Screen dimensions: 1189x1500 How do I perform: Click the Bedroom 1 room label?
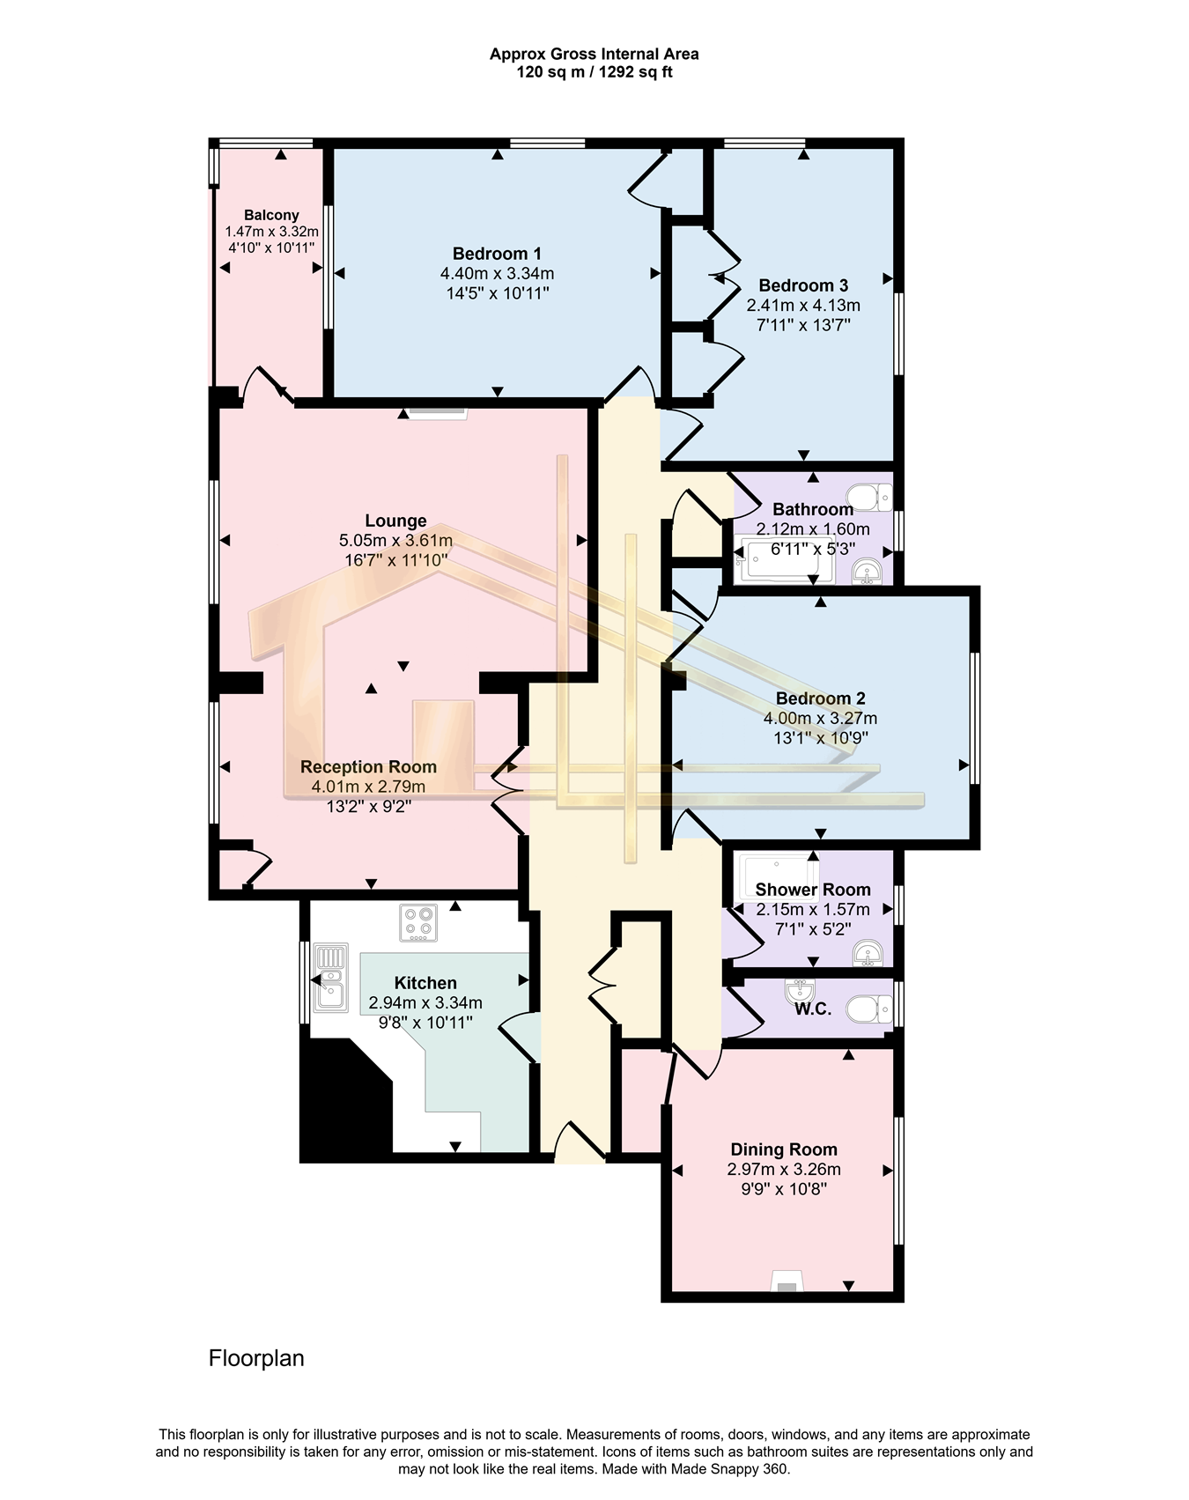[497, 254]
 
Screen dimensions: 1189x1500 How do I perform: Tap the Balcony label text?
[271, 215]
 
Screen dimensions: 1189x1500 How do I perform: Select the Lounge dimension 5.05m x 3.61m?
[395, 540]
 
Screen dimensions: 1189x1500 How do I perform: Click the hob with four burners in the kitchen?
[418, 922]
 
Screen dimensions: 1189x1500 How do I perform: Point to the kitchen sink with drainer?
[332, 977]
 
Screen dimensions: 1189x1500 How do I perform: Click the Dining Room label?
[784, 1149]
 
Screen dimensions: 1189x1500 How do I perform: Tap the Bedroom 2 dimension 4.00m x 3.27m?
[820, 719]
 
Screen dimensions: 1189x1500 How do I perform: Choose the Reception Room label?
[368, 767]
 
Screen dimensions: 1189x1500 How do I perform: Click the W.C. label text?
[813, 1009]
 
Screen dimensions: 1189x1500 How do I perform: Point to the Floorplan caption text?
[256, 1358]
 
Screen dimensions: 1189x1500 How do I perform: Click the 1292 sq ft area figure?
[636, 72]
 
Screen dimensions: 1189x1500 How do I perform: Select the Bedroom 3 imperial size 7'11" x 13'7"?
[803, 325]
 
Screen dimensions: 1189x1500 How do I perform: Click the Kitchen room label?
[425, 983]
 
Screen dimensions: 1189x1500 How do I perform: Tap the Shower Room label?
[813, 890]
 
